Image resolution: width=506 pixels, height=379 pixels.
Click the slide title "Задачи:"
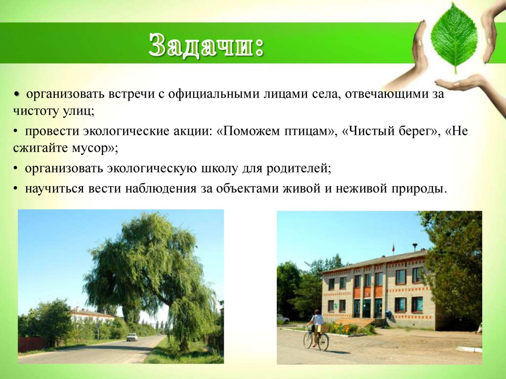206,45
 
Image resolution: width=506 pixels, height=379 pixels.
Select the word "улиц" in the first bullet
77,111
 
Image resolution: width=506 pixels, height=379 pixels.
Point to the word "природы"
419,189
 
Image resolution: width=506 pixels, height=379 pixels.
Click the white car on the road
132,337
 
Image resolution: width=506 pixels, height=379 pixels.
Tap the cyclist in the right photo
316,326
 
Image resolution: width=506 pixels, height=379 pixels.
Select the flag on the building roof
393,248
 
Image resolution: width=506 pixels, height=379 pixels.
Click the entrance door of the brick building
367,308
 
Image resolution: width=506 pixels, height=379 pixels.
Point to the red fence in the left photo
31,344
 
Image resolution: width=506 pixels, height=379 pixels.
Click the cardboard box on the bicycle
323,328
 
